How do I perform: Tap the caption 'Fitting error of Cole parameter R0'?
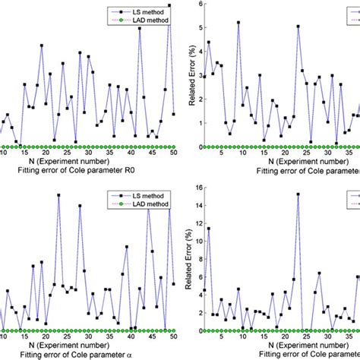(88, 172)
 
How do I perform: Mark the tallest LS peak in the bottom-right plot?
(298, 194)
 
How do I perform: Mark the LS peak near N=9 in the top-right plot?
(238, 23)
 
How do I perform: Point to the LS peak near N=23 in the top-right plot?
(298, 27)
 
